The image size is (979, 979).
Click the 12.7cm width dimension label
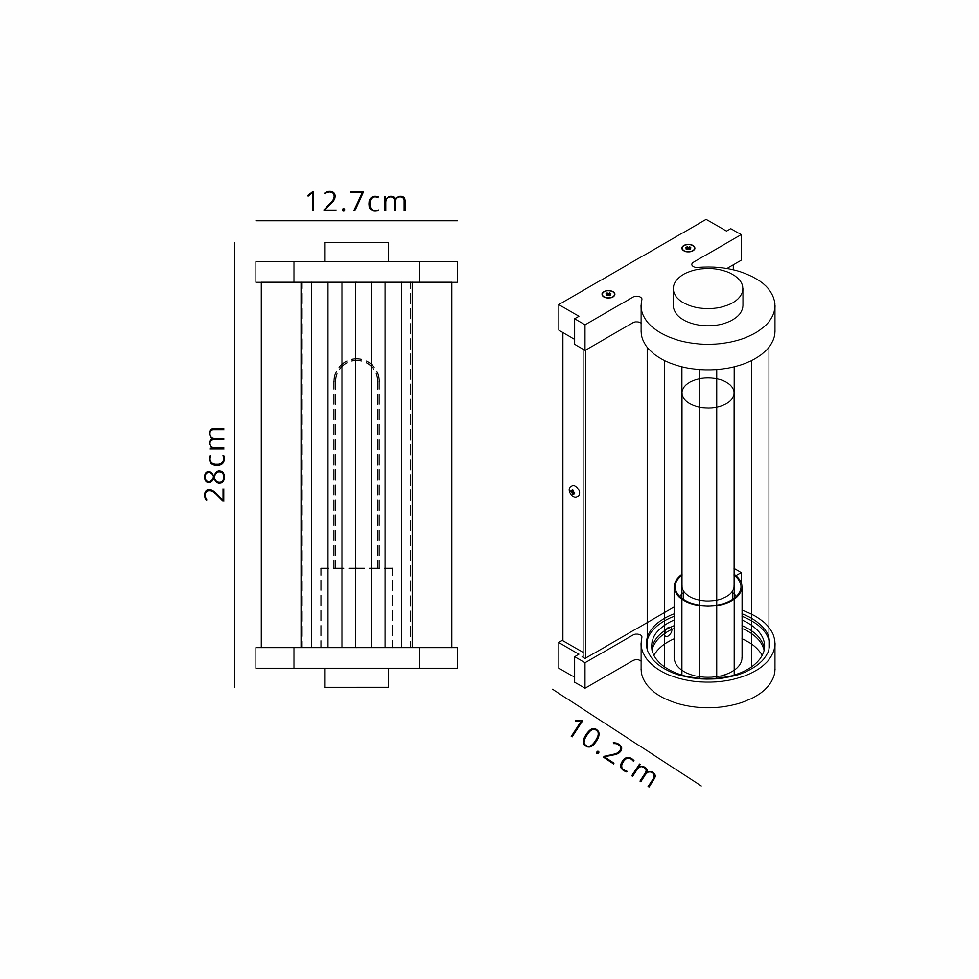pyautogui.click(x=356, y=202)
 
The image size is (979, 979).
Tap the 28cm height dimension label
pyautogui.click(x=215, y=464)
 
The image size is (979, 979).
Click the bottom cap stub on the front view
pyautogui.click(x=356, y=677)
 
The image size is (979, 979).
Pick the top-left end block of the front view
pyautogui.click(x=275, y=272)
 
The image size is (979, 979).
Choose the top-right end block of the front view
pyautogui.click(x=438, y=272)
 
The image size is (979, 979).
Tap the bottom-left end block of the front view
pyautogui.click(x=275, y=658)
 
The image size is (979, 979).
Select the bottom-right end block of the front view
pyautogui.click(x=438, y=658)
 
